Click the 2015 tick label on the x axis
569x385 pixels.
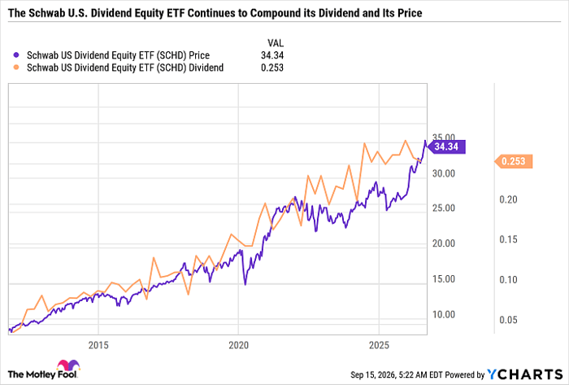point(98,345)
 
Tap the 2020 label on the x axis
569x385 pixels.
point(239,345)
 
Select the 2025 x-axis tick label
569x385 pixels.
point(379,345)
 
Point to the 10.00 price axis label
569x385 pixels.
point(444,314)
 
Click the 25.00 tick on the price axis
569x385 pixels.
point(444,208)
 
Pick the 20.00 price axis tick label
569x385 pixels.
point(444,243)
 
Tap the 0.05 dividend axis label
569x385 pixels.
point(508,320)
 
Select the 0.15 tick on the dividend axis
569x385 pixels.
point(508,239)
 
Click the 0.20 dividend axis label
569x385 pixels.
point(508,199)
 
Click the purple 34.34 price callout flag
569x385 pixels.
point(446,147)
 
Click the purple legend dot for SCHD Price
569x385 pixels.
point(16,55)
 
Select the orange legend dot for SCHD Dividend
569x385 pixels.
point(16,68)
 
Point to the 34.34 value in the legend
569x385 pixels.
point(272,55)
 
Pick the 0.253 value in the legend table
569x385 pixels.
point(272,68)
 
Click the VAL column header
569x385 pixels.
point(276,43)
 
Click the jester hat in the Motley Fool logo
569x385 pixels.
point(67,365)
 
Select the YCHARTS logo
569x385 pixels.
point(524,374)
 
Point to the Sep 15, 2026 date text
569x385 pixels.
point(372,374)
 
